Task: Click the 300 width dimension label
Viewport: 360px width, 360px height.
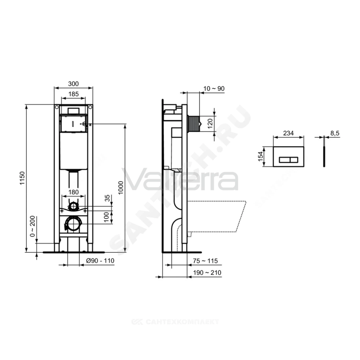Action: point(73,84)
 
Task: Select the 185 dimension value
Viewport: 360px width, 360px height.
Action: point(73,94)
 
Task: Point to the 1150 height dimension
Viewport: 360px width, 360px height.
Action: point(22,178)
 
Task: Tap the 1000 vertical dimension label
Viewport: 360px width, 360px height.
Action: point(121,188)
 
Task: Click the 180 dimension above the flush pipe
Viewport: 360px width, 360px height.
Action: point(73,192)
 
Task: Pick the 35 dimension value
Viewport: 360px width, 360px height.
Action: point(107,198)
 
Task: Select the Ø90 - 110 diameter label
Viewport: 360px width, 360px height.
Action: point(100,261)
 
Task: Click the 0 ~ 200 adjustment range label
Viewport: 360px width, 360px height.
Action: point(33,226)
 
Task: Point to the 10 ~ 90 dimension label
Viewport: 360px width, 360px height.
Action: point(214,89)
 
